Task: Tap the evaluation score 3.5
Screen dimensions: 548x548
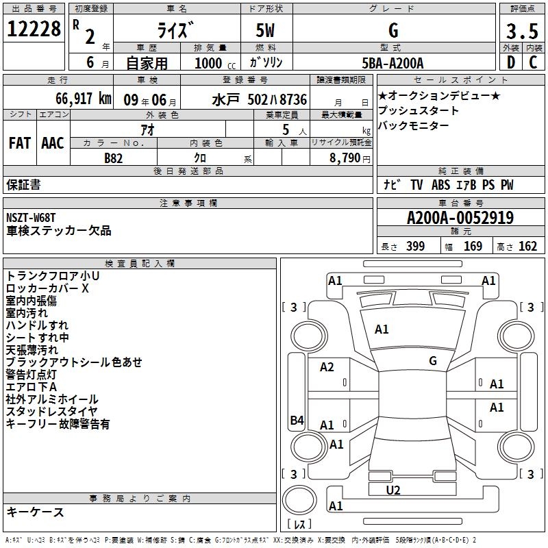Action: [x=521, y=32]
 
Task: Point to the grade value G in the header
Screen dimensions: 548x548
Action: [x=393, y=31]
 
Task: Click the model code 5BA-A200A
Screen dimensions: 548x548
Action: [x=393, y=64]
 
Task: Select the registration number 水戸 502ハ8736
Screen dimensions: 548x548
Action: [x=260, y=99]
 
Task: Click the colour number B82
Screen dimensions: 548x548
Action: [x=114, y=158]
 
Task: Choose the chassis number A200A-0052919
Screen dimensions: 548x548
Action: [x=460, y=219]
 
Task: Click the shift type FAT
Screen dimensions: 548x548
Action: [x=20, y=143]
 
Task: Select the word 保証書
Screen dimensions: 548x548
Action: [x=23, y=185]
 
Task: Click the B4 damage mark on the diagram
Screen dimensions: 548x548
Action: [x=297, y=421]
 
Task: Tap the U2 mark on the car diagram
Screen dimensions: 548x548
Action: [x=393, y=490]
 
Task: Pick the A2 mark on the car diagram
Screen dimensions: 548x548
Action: [x=327, y=367]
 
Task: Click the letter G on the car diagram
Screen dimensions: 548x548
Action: [x=433, y=361]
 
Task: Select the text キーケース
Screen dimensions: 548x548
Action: [x=35, y=512]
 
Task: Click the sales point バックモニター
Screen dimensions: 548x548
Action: [x=414, y=126]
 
